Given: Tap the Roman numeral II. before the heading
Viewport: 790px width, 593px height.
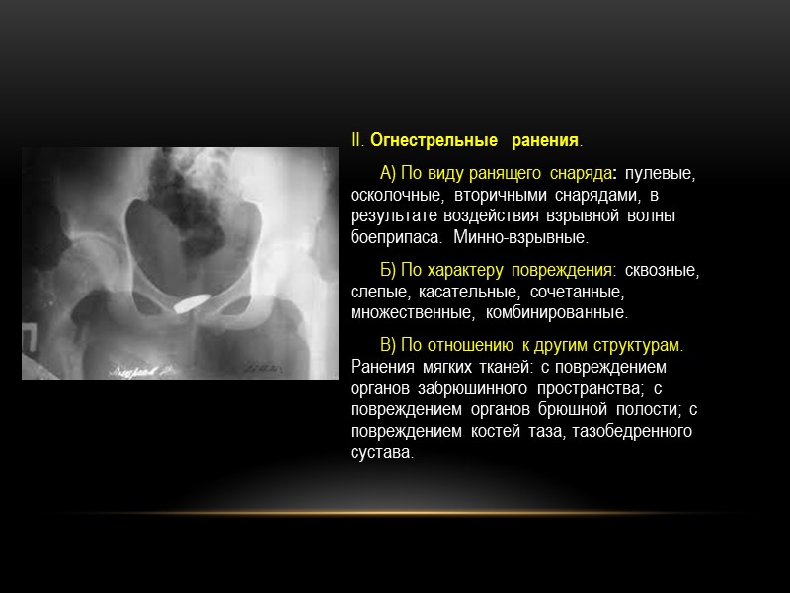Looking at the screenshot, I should point(357,139).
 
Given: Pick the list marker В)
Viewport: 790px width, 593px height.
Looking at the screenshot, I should point(389,345).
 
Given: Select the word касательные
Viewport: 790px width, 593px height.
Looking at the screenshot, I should point(466,292).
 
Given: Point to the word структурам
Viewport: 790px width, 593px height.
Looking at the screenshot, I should point(634,345).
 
